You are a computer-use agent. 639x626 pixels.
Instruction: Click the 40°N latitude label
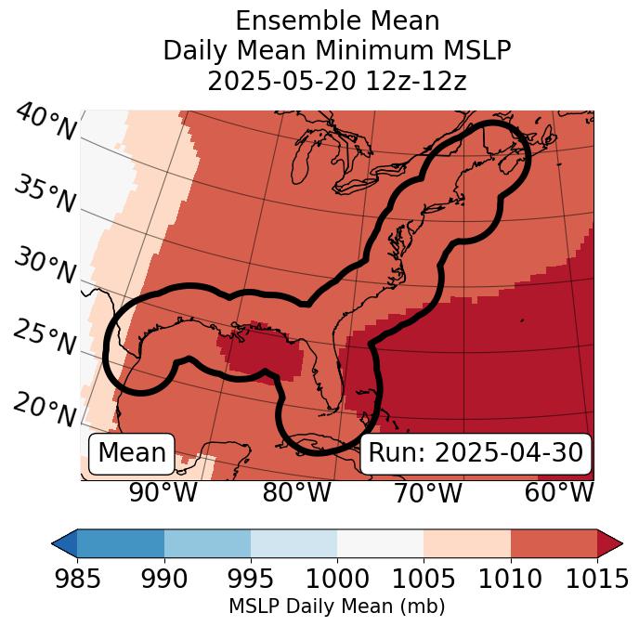coord(46,123)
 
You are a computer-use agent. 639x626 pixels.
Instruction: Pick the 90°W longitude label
coord(163,493)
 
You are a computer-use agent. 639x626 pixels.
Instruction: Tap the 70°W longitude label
coord(427,493)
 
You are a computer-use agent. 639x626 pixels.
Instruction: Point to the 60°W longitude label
coord(559,493)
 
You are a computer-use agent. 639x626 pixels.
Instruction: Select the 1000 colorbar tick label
coord(337,580)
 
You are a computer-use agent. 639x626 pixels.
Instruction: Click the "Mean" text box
coord(132,453)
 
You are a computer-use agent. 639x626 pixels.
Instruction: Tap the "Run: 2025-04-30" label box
coord(476,453)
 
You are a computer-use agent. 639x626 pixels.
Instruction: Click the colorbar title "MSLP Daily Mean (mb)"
coord(336,607)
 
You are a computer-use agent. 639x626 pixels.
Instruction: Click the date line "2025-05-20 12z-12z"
coord(337,81)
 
